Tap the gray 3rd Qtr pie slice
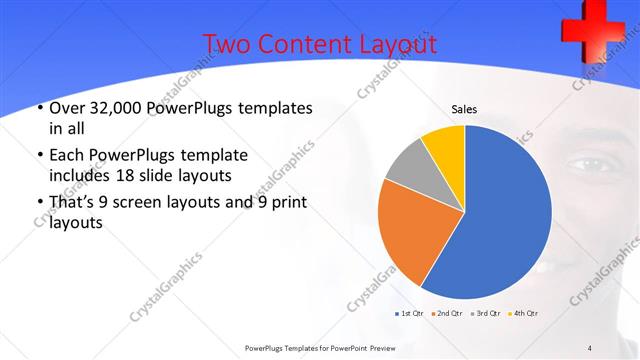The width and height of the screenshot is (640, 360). pos(406,165)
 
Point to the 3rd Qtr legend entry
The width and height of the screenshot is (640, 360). pos(486,313)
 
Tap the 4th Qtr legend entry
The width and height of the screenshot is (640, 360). pos(525,313)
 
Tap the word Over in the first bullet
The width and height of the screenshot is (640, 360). pos(66,107)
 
